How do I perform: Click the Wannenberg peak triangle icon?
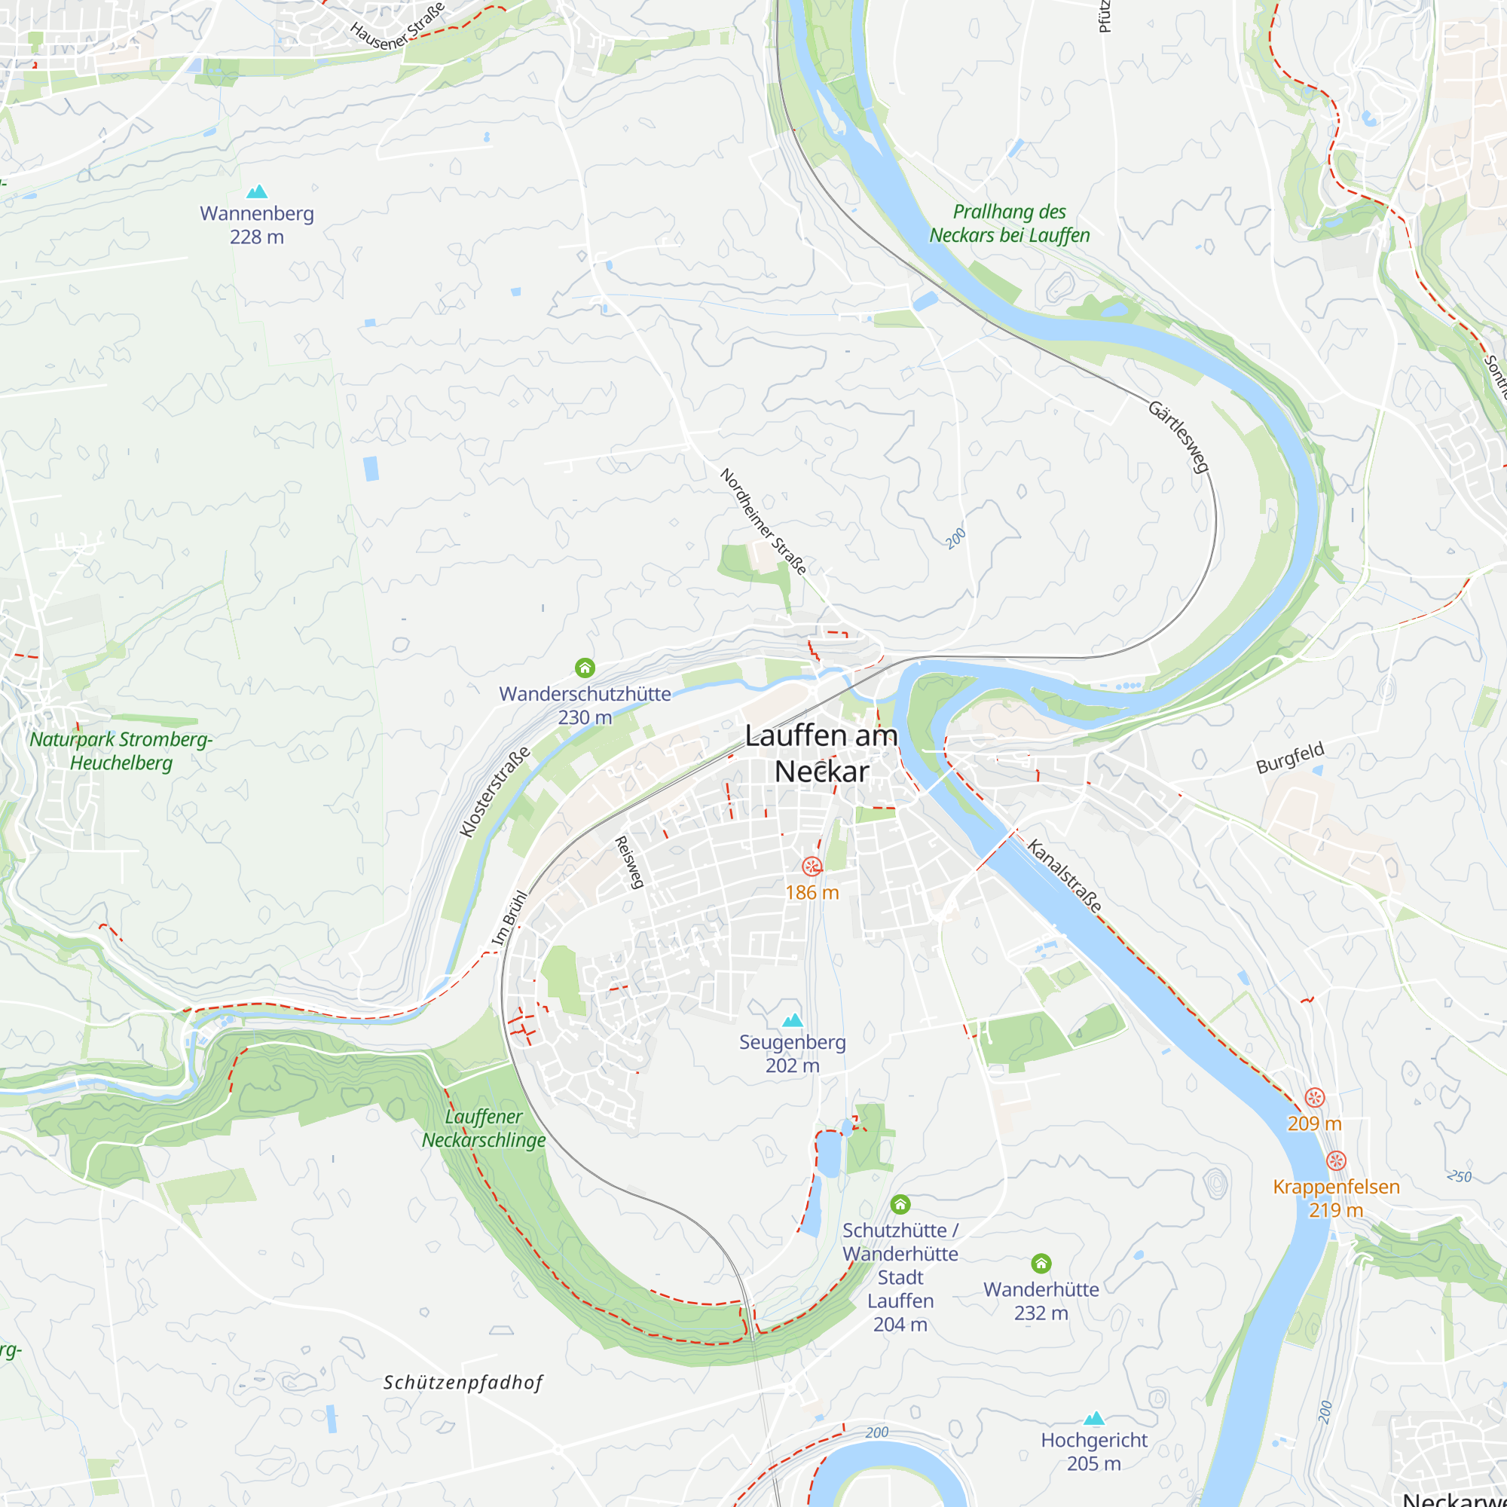pyautogui.click(x=257, y=191)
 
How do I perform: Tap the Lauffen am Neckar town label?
pyautogui.click(x=821, y=753)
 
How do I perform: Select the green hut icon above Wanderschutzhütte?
pyautogui.click(x=585, y=668)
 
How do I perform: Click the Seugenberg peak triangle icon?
pyautogui.click(x=793, y=1020)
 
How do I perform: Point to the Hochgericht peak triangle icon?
pyautogui.click(x=1094, y=1418)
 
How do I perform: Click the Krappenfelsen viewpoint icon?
pyautogui.click(x=1336, y=1160)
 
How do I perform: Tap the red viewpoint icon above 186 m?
pyautogui.click(x=812, y=867)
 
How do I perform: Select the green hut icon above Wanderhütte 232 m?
pyautogui.click(x=1041, y=1263)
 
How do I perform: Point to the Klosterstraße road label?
pyautogui.click(x=494, y=792)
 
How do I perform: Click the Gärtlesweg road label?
pyautogui.click(x=1178, y=437)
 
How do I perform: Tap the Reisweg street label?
pyautogui.click(x=629, y=863)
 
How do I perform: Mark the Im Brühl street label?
pyautogui.click(x=509, y=918)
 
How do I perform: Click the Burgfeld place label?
pyautogui.click(x=1290, y=757)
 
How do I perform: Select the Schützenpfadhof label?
pyautogui.click(x=463, y=1383)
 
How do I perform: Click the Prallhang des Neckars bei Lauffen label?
pyautogui.click(x=1010, y=223)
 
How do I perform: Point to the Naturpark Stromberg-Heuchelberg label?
pyautogui.click(x=121, y=750)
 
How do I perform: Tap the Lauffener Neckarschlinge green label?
pyautogui.click(x=484, y=1128)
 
